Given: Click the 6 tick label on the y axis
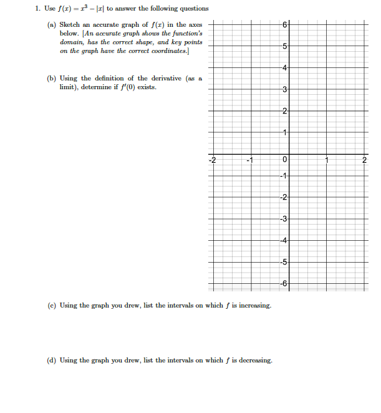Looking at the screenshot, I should (284, 24).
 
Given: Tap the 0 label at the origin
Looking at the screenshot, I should (284, 160).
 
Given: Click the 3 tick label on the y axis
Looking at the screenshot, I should (284, 90).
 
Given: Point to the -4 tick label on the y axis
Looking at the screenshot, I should (283, 241).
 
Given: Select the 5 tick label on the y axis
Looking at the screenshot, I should (284, 46).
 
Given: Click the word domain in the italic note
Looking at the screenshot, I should (71, 42).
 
